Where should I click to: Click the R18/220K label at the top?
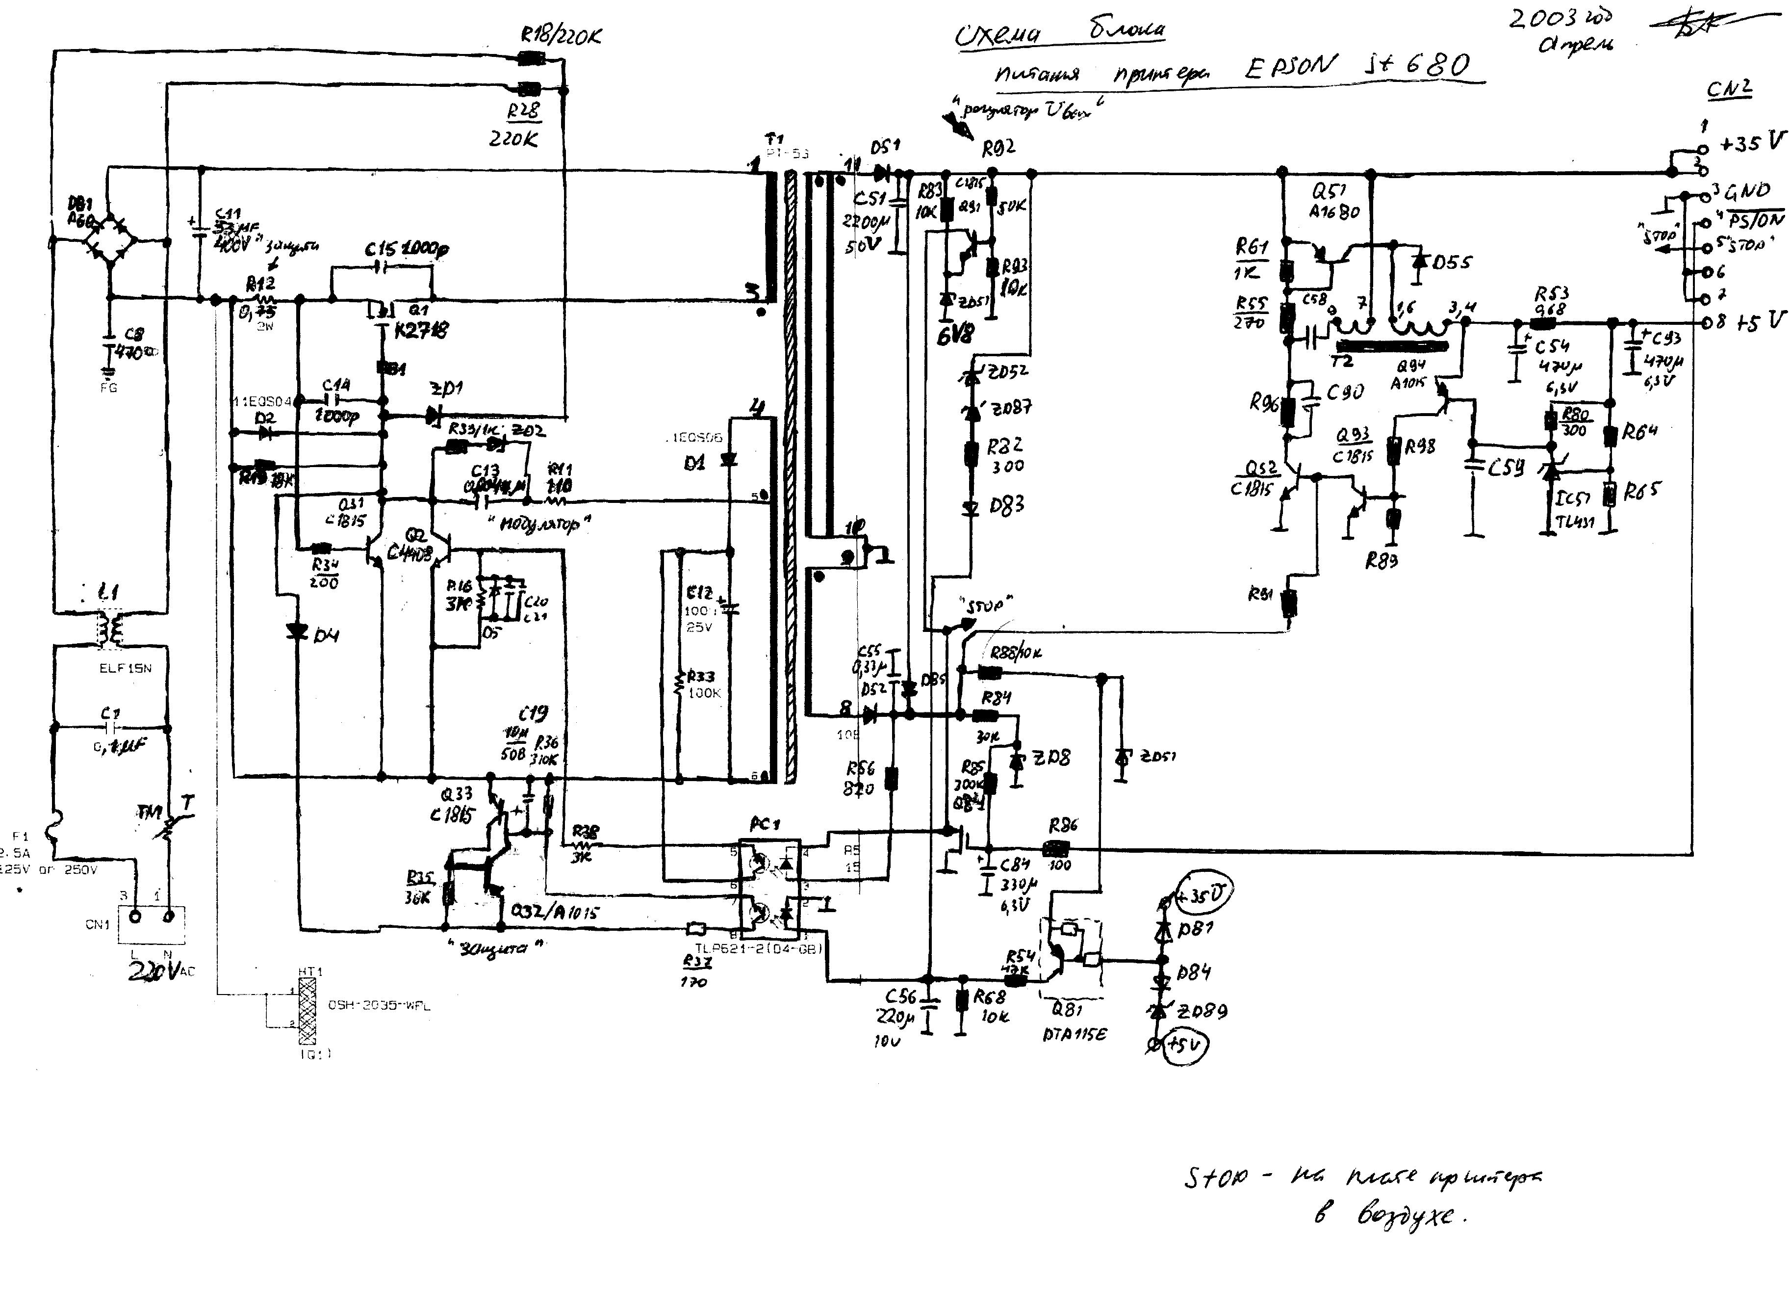tap(561, 36)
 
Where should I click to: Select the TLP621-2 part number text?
tap(758, 948)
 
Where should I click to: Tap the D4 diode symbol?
tap(298, 631)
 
